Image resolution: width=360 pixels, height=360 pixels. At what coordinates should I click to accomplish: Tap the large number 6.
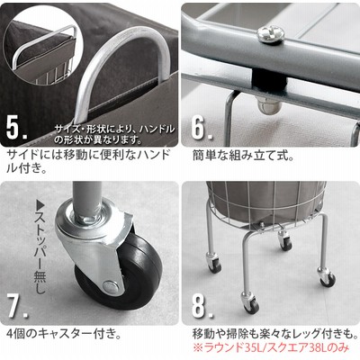(202, 129)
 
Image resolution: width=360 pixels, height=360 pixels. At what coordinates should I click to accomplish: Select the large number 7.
(17, 306)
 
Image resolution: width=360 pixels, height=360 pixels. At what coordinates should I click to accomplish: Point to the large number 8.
(202, 306)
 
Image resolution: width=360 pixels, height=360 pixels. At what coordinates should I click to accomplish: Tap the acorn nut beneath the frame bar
(268, 104)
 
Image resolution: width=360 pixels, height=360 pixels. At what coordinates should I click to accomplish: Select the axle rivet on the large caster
(110, 286)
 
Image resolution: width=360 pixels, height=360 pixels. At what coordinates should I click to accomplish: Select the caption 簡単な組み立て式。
(243, 157)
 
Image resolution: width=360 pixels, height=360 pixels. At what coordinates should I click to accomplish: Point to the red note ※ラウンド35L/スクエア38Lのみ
(272, 347)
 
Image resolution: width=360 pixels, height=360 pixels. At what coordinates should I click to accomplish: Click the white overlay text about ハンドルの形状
(114, 134)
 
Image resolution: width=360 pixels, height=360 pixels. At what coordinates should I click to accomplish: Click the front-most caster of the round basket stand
(249, 304)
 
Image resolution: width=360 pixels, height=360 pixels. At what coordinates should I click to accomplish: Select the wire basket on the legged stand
(265, 205)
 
